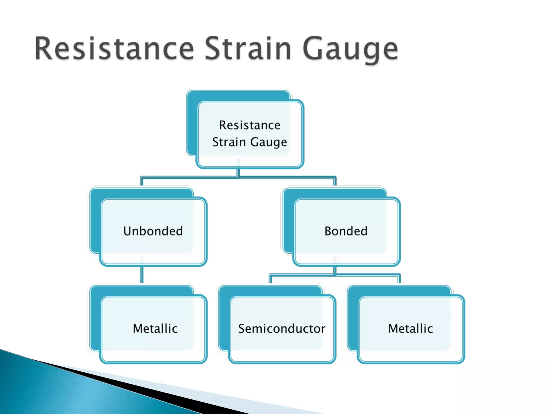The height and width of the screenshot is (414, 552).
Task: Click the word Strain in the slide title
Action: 248,49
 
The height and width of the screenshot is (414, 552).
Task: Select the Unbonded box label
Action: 153,231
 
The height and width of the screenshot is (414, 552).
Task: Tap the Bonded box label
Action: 346,231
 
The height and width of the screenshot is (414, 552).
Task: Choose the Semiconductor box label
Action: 282,329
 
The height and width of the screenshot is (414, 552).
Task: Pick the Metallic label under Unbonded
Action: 155,329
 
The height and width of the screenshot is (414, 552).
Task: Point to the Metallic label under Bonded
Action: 410,329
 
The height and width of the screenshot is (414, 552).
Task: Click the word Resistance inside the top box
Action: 250,125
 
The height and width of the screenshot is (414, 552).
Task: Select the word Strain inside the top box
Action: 229,142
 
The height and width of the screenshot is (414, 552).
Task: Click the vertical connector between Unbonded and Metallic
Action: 142,274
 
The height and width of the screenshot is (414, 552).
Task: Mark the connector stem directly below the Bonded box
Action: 335,270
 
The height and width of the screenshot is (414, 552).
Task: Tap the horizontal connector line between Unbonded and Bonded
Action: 189,177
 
